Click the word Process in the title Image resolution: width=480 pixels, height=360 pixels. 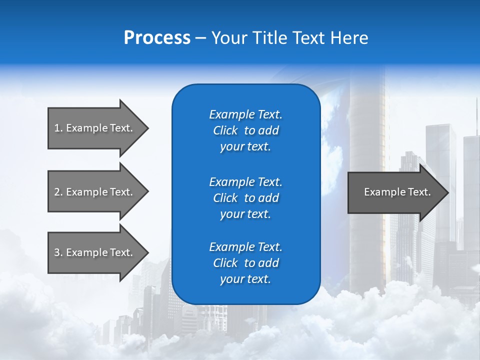coord(157,38)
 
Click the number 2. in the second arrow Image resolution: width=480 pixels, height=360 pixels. coord(58,192)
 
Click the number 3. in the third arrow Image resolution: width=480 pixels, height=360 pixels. coord(58,252)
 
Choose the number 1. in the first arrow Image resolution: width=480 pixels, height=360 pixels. coord(58,128)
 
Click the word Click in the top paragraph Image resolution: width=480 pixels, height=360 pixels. coord(225,131)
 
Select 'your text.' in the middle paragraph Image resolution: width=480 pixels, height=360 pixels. coord(245,214)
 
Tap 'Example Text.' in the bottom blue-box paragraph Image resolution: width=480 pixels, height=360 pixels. coord(245,247)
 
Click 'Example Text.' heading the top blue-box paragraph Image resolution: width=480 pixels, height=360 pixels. coord(245,114)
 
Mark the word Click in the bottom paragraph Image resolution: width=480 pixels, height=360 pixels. coord(225,263)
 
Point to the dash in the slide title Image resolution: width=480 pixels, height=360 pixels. coord(200,38)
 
